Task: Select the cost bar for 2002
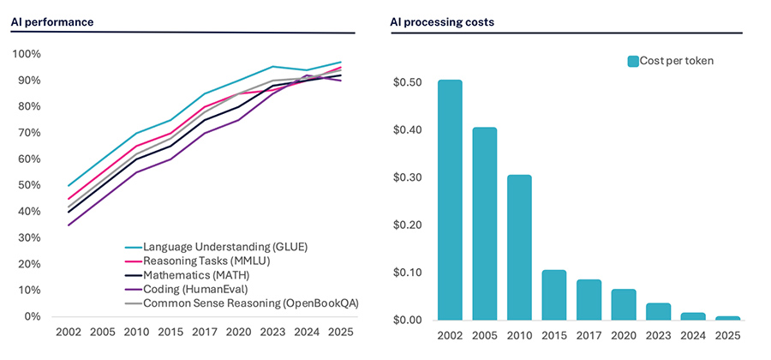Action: tap(450, 201)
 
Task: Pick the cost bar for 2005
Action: tap(484, 224)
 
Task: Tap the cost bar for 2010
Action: tap(519, 248)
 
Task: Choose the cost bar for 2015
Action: tap(554, 295)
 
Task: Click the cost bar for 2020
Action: tap(624, 304)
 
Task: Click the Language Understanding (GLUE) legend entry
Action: tap(224, 247)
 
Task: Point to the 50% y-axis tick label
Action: tap(28, 185)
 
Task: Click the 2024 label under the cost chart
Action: tap(694, 335)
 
